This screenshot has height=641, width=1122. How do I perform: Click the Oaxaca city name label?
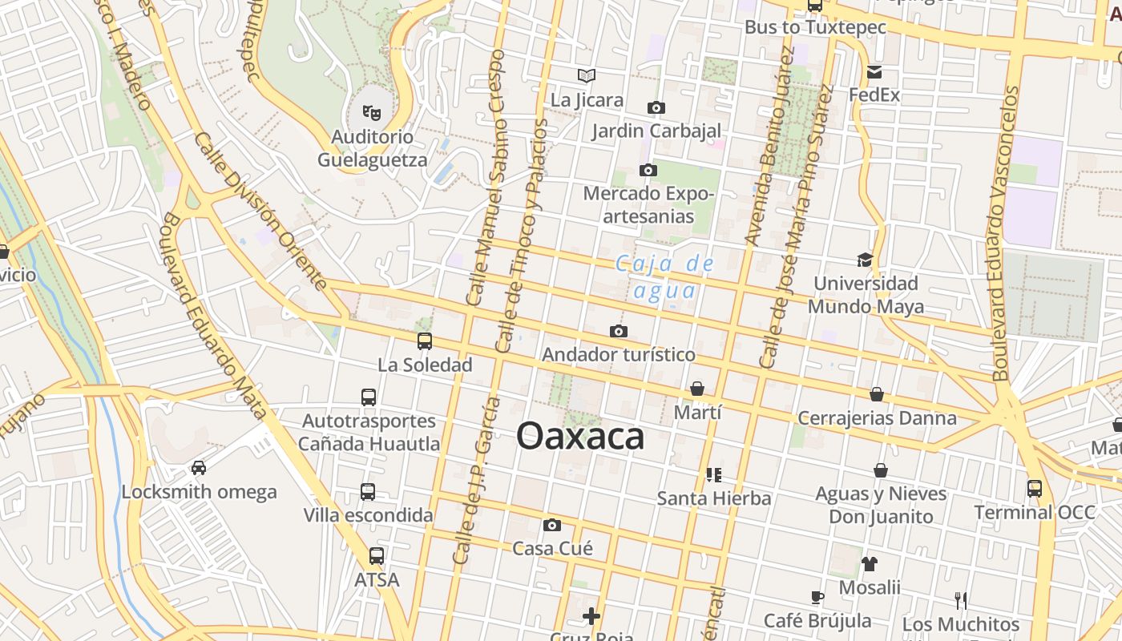click(580, 437)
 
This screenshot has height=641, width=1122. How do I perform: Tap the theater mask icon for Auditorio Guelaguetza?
click(370, 112)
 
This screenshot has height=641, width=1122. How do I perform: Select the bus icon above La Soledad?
click(425, 341)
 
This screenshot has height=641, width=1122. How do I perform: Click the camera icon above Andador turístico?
click(618, 331)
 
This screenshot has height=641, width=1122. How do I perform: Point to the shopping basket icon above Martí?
click(697, 389)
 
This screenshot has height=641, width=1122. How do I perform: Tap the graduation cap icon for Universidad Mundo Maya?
click(865, 260)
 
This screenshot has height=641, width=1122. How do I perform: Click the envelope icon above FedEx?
click(874, 72)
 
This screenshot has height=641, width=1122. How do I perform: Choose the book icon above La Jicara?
click(587, 76)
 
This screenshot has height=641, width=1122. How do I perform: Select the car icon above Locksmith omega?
click(199, 468)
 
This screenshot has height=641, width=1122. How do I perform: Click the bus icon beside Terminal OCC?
click(1035, 488)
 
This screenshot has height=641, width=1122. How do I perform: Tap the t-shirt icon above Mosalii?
click(870, 563)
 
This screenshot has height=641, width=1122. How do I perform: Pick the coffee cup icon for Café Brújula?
click(817, 597)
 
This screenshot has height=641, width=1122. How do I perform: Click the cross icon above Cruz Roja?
click(591, 615)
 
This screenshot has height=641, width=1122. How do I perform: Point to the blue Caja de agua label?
click(664, 277)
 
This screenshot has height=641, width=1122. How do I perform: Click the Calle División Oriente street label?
click(260, 212)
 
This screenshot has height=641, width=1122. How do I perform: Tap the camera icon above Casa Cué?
click(551, 526)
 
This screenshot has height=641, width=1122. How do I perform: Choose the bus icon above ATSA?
click(377, 555)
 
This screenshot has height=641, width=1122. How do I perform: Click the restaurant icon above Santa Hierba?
click(714, 474)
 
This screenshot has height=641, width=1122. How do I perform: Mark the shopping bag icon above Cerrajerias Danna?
click(877, 394)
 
